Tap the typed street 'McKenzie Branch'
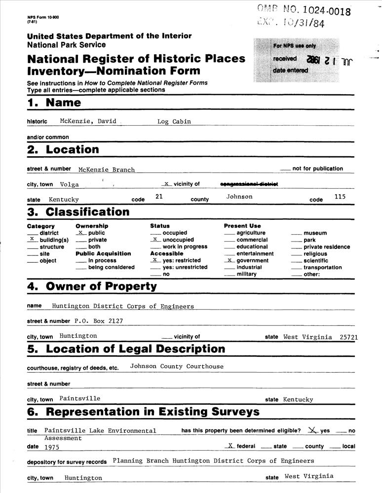coord(106,170)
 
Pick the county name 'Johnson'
coord(239,197)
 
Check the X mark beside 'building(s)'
coord(32,239)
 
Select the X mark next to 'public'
coord(80,232)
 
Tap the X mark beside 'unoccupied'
coord(155,239)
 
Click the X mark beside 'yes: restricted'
coord(155,260)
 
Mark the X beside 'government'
coord(229,260)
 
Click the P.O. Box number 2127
coord(114,321)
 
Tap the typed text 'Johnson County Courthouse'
coord(177,366)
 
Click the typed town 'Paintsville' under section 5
coord(79,398)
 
